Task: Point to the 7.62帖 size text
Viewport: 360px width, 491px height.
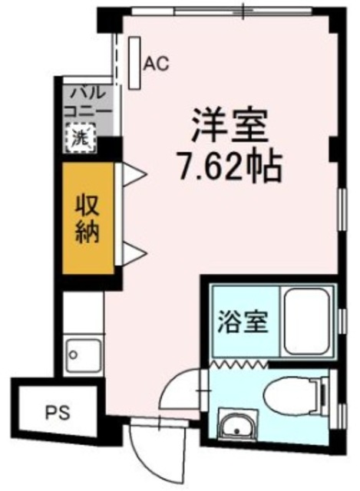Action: point(228,164)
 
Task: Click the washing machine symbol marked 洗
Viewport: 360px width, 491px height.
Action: point(79,139)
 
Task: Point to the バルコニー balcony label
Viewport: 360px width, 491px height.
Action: point(89,103)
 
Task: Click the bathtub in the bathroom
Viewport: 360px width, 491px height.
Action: point(305,321)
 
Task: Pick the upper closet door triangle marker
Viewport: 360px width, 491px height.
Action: point(130,175)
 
